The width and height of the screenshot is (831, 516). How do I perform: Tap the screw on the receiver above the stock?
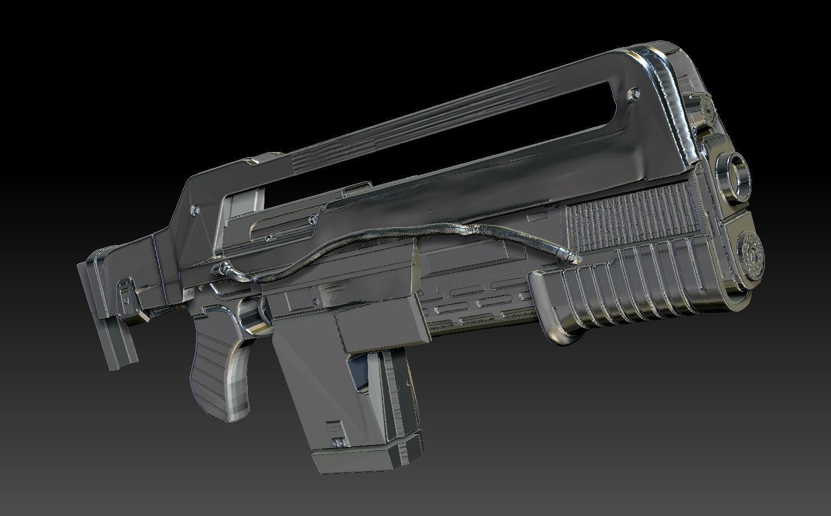point(195,209)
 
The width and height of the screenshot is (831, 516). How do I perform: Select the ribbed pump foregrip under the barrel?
point(622,292)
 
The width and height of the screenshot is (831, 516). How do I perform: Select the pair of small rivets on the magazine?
point(338,442)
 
